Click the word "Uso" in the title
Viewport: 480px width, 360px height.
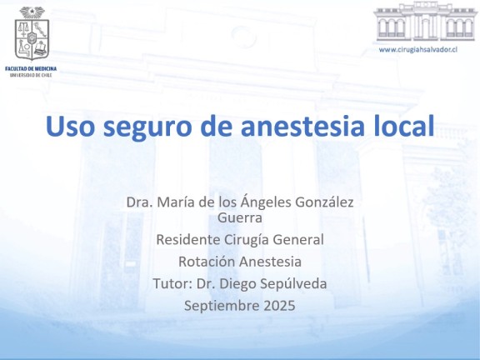[x=70, y=126]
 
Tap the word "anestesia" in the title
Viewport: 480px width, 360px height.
[x=302, y=126]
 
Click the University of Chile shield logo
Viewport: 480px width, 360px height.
[x=32, y=33]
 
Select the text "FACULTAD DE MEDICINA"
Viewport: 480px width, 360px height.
[x=31, y=68]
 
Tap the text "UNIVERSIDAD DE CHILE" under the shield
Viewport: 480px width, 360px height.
[x=31, y=75]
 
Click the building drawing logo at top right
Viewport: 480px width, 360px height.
[x=425, y=22]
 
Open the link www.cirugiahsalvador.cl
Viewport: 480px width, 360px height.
[x=418, y=49]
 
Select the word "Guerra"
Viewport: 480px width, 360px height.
[x=240, y=217]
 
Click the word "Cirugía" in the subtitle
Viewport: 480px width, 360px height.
[x=247, y=240]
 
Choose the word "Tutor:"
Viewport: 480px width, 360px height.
[x=172, y=283]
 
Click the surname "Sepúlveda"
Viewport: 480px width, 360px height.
[x=293, y=284]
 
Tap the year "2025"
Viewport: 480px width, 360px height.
[x=279, y=306]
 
